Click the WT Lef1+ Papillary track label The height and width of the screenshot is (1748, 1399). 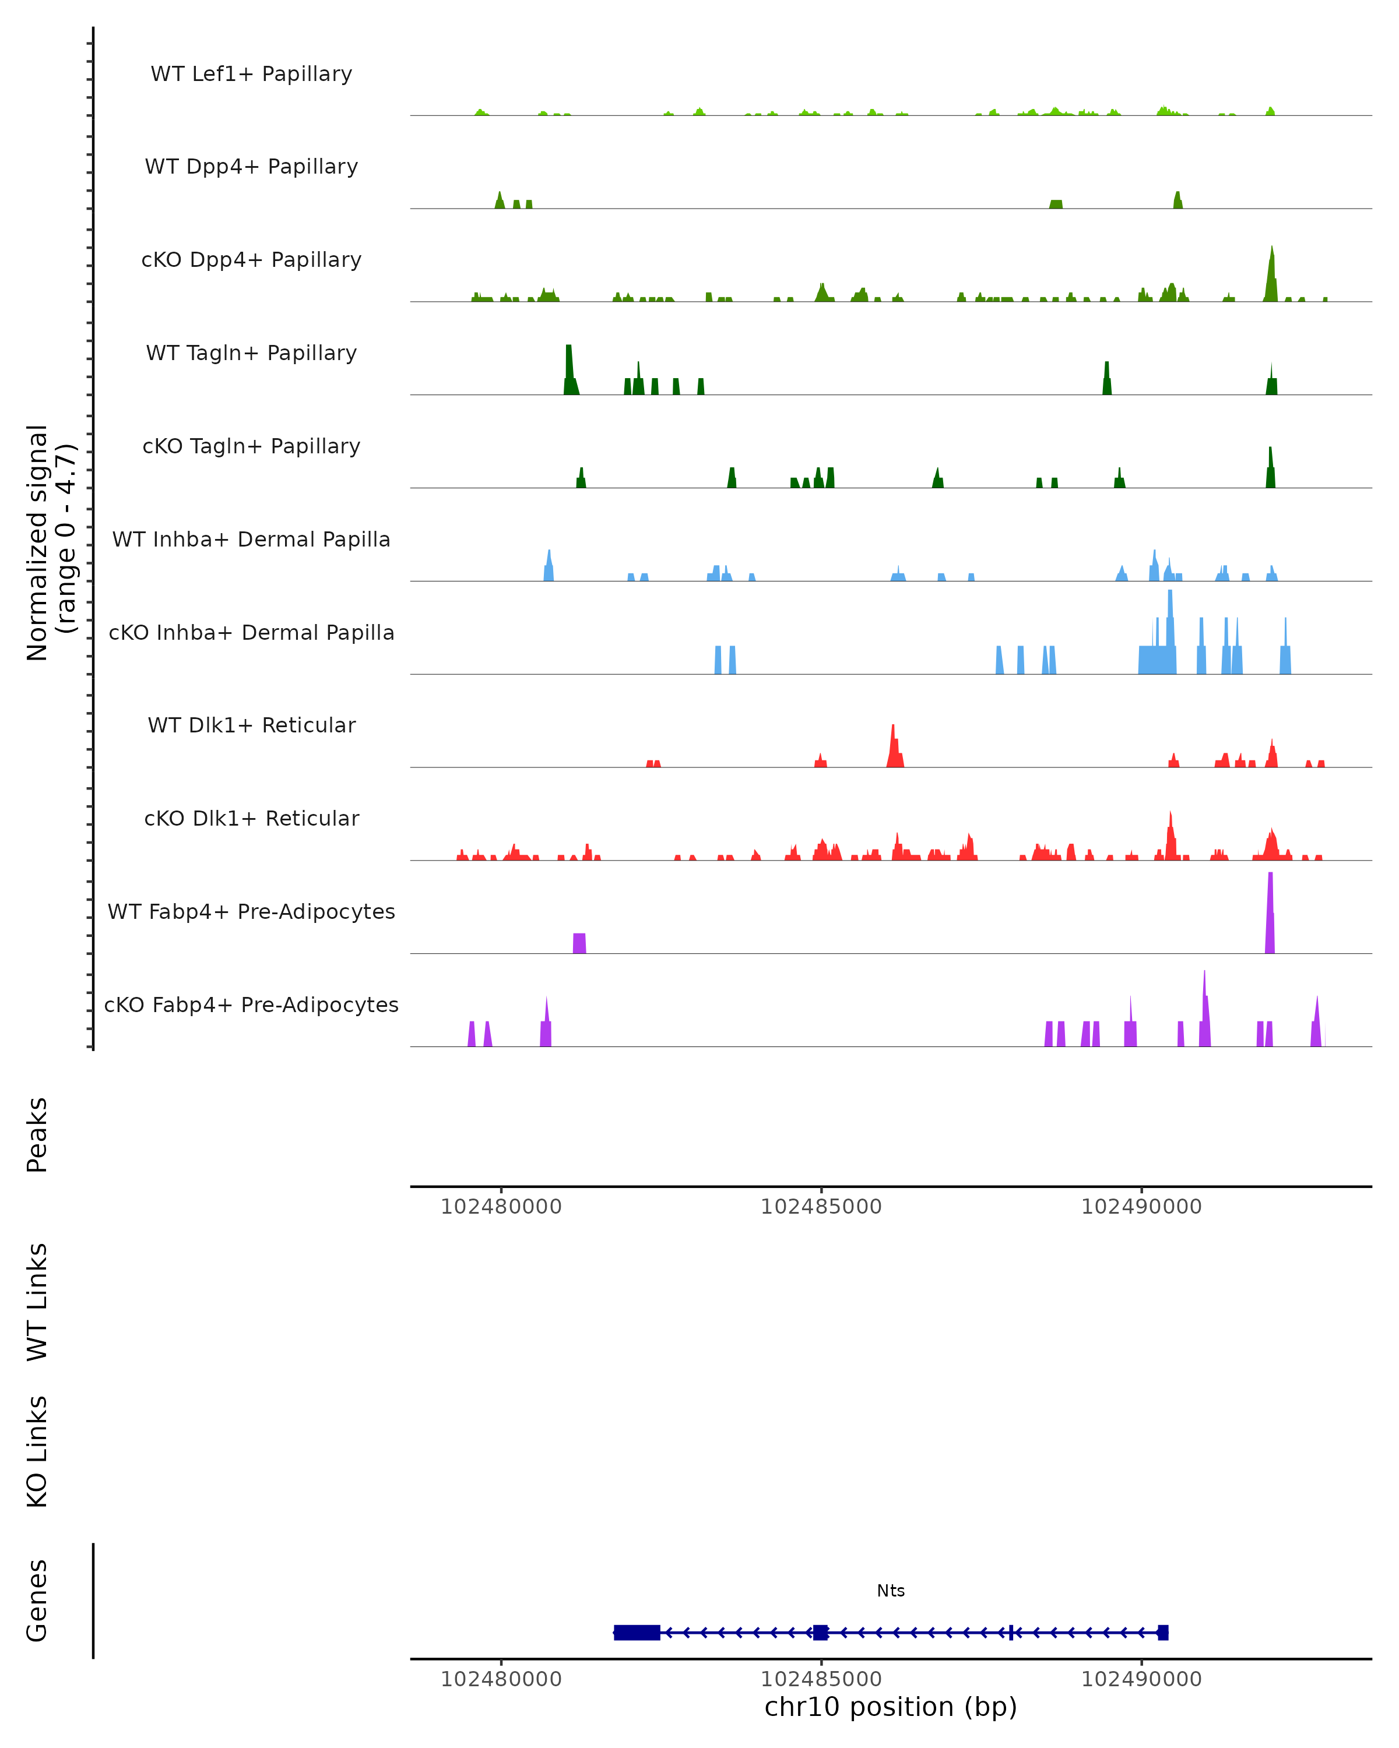tap(251, 74)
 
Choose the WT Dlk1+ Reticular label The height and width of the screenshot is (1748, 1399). tap(251, 725)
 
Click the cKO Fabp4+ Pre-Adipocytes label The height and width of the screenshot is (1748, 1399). tap(251, 1005)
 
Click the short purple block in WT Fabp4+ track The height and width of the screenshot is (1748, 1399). tap(579, 943)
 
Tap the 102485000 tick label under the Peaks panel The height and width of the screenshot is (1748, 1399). tap(821, 1207)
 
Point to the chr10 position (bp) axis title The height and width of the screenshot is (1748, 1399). tap(891, 1707)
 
